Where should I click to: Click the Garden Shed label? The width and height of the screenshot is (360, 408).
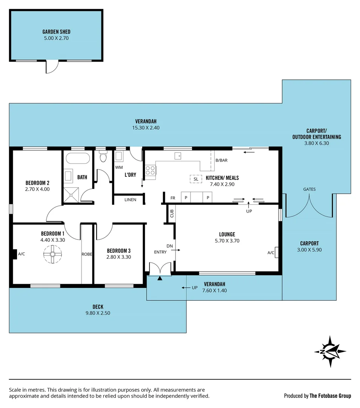click(56, 32)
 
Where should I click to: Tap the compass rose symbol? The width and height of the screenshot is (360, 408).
click(330, 351)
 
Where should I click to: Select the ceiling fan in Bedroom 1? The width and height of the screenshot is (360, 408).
click(52, 254)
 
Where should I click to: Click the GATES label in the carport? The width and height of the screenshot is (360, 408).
click(309, 189)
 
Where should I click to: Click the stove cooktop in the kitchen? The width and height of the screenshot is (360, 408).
click(150, 171)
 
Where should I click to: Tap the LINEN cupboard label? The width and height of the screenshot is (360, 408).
click(130, 200)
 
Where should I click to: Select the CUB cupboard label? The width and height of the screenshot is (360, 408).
click(172, 213)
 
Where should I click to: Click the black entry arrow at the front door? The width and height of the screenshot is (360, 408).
click(160, 279)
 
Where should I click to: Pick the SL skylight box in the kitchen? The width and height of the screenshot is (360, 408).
click(195, 179)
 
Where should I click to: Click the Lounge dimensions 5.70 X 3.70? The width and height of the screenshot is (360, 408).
click(227, 241)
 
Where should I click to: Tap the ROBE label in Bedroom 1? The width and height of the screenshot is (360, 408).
click(87, 254)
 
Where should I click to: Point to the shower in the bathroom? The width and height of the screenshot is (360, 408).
click(71, 195)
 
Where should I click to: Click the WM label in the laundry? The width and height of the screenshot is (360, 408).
click(119, 167)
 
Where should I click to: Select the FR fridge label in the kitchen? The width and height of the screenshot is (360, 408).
click(173, 198)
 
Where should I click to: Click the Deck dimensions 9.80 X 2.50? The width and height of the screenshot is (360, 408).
click(98, 313)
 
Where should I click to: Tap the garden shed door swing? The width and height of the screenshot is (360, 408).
click(51, 67)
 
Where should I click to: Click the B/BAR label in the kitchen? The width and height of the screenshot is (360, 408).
click(222, 160)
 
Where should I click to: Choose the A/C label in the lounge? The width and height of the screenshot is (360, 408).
click(271, 253)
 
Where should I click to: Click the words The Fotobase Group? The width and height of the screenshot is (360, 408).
click(330, 396)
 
